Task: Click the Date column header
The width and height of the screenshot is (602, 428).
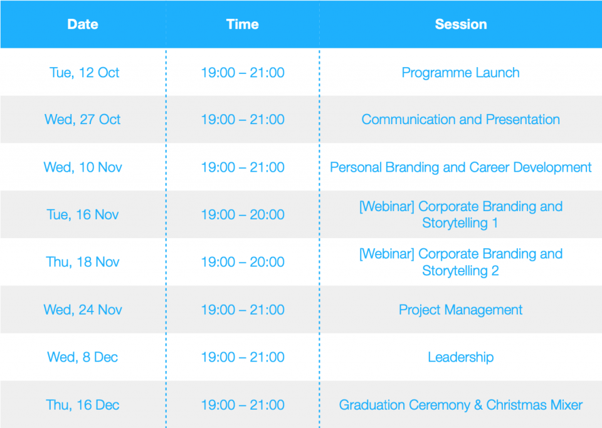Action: tap(83, 24)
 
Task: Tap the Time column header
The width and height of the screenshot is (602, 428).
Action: tap(242, 24)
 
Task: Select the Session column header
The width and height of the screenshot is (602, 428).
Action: tap(461, 24)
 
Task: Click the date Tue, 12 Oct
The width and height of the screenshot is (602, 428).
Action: tap(84, 73)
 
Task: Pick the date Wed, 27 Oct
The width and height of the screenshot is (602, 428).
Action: tap(83, 119)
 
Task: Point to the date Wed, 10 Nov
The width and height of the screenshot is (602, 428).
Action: tap(83, 167)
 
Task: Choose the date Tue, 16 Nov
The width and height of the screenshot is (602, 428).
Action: tap(83, 214)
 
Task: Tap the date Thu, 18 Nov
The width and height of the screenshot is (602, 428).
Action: tap(83, 262)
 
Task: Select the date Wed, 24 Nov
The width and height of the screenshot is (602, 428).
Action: tap(83, 310)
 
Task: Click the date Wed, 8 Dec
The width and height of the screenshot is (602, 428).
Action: tap(83, 357)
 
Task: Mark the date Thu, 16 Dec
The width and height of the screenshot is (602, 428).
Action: tap(83, 405)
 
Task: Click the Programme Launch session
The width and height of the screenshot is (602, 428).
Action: tap(461, 73)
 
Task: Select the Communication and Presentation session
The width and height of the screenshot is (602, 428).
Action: tap(461, 119)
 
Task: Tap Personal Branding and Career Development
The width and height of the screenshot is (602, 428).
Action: tap(461, 167)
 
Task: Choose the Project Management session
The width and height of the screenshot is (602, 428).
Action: tap(461, 310)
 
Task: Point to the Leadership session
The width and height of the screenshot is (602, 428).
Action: tap(461, 357)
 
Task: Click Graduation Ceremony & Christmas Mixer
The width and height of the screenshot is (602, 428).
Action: tap(461, 405)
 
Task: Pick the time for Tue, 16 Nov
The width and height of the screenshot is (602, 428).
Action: tap(243, 214)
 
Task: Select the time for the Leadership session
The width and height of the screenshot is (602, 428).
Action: tap(243, 357)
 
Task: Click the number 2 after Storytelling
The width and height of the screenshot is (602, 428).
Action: tap(495, 271)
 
